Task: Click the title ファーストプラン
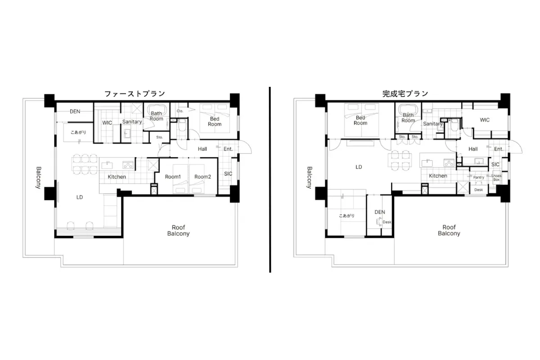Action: coord(135,94)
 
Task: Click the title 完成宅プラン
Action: coord(405,94)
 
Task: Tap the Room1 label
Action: coord(173,177)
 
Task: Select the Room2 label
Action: coord(202,177)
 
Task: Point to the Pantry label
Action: coord(478,177)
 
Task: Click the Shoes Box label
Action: coord(496,178)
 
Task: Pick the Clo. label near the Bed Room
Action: coord(180,111)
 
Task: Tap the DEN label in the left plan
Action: coord(75,112)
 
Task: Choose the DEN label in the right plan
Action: coord(380,212)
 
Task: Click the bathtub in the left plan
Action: coord(156,108)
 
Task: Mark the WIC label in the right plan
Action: coord(485,120)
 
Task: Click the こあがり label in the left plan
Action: coord(78,132)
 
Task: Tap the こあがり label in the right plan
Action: coord(346,216)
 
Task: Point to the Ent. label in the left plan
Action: coord(228,149)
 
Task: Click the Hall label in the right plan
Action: coord(473,149)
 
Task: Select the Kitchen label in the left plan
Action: coord(117,177)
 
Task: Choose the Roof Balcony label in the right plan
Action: coord(449,230)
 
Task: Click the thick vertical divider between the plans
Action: coord(270,180)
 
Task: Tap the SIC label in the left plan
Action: coord(228,174)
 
